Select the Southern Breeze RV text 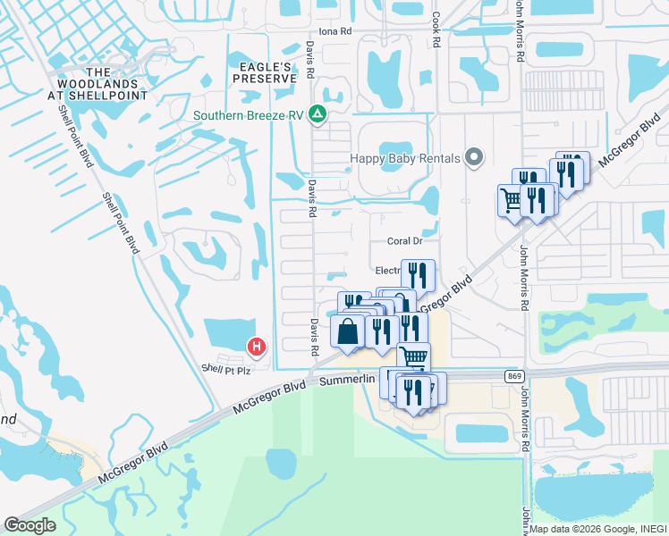coord(250,114)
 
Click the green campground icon coord(316,114)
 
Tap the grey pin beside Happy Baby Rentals coord(476,159)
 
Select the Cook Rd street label coord(436,29)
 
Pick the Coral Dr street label coord(404,241)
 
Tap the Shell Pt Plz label coord(223,368)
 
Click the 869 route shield coord(513,376)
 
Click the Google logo coord(30,524)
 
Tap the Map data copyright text coord(597,529)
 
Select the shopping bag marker coord(348,331)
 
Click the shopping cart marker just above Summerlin coord(413,357)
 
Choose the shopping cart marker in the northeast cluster coord(510,200)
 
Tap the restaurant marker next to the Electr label coord(417,273)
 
